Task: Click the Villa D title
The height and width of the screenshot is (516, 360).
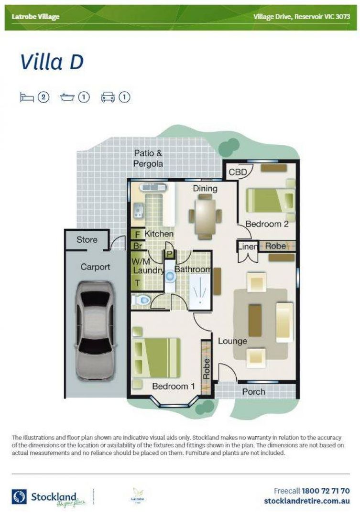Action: click(x=52, y=63)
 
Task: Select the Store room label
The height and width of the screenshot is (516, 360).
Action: click(x=87, y=239)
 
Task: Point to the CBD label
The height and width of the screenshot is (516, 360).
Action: click(x=237, y=172)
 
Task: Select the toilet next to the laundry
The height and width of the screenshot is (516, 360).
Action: click(x=141, y=300)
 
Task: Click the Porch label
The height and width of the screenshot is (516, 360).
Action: click(x=253, y=392)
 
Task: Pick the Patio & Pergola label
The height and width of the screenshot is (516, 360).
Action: click(x=148, y=159)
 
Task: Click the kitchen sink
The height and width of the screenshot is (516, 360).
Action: click(x=139, y=209)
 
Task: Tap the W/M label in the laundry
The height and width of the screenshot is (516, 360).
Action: click(x=141, y=261)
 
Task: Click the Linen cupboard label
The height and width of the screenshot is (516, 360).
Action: click(x=248, y=247)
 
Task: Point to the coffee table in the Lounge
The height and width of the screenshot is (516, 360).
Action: click(x=255, y=320)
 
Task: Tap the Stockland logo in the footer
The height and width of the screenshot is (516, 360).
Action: click(x=50, y=495)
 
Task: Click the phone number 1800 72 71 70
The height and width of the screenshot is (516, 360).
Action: click(x=325, y=491)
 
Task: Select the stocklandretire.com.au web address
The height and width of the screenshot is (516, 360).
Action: click(x=306, y=501)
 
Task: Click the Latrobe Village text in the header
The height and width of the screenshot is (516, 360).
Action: click(x=36, y=17)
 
